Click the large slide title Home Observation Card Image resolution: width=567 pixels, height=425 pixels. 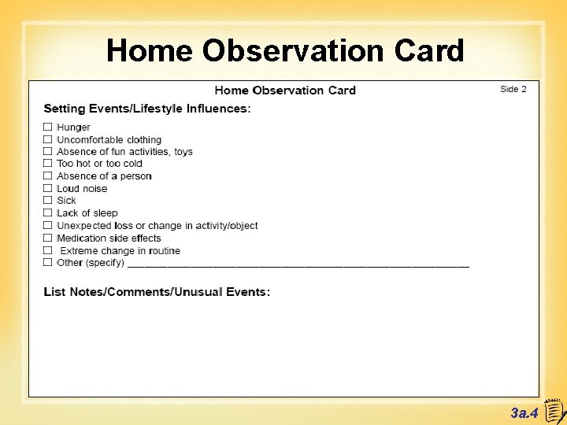(x=285, y=51)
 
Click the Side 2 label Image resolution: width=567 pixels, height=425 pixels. (x=513, y=89)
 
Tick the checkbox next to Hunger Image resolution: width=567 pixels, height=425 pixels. (x=48, y=127)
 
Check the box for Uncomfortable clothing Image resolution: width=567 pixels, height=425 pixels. (x=48, y=139)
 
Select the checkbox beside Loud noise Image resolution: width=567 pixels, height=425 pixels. (x=48, y=188)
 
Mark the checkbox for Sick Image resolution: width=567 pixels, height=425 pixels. (x=48, y=201)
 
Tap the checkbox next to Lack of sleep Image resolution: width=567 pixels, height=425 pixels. (x=48, y=213)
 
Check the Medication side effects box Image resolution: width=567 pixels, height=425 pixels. (x=48, y=238)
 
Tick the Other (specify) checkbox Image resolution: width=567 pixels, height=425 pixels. (x=48, y=262)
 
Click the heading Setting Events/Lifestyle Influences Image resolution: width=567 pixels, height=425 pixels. (x=147, y=109)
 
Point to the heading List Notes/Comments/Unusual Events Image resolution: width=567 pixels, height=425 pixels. (x=157, y=292)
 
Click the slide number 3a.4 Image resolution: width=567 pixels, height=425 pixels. (x=524, y=412)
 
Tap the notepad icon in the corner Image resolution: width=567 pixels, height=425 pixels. (x=554, y=410)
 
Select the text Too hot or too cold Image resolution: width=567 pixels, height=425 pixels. (x=99, y=164)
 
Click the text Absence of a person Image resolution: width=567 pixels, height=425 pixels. (x=104, y=176)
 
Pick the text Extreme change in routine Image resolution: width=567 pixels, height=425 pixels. (x=120, y=251)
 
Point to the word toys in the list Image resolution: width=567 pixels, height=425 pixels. (x=183, y=152)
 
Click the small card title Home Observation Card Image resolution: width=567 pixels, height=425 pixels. (x=285, y=91)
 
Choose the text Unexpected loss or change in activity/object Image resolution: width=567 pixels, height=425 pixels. (x=157, y=226)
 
